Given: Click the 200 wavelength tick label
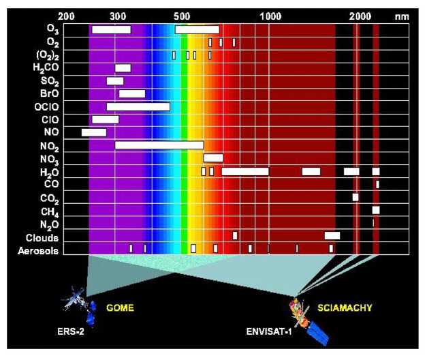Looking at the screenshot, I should (67, 15).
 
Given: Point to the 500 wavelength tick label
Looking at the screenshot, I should (182, 15).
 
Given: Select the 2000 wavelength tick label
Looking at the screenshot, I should (360, 15).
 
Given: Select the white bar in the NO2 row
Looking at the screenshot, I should (159, 145).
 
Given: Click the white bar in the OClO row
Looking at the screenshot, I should (138, 106).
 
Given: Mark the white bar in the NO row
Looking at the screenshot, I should (94, 132).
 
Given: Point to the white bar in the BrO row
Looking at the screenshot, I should (132, 93).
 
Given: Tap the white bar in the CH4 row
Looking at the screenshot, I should (376, 210).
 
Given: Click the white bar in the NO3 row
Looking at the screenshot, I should (213, 158).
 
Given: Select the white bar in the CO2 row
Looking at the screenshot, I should (355, 197).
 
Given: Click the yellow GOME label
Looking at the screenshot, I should (121, 308).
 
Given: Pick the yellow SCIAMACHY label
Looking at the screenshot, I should (345, 308).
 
